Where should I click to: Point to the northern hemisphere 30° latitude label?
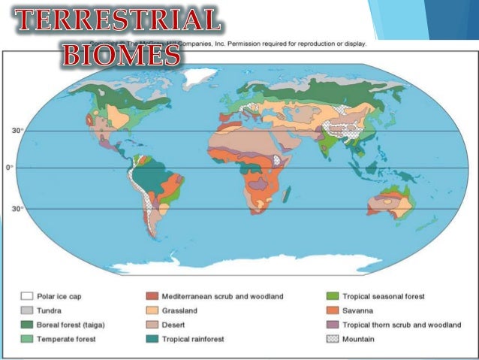tap(17, 130)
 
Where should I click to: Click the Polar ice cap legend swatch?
tap(26, 297)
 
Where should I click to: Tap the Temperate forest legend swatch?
tap(26, 339)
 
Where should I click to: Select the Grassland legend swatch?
tap(150, 310)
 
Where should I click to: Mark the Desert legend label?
tap(173, 325)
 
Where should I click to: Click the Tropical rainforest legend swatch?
tap(150, 339)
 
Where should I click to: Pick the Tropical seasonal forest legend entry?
tap(384, 297)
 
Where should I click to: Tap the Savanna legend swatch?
tap(331, 310)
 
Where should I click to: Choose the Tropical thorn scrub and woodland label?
tap(402, 325)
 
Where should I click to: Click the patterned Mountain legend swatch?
tap(331, 339)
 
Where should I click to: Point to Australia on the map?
tap(386, 204)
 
